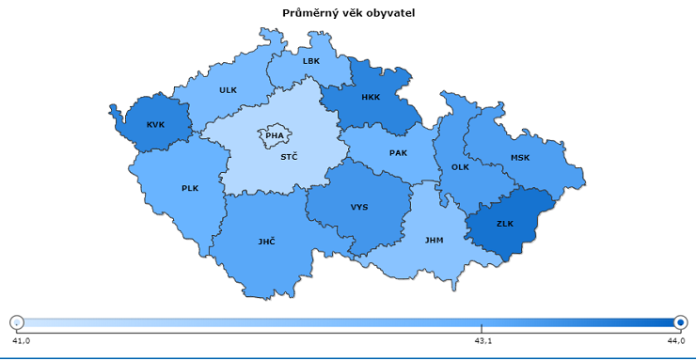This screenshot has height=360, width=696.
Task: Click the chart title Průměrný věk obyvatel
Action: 348,13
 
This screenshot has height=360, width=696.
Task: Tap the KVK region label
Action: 155,125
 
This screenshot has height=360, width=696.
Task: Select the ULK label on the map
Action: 228,90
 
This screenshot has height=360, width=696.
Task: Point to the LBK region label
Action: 311,61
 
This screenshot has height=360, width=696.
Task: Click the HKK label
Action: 371,97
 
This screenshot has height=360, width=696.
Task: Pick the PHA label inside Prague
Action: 274,135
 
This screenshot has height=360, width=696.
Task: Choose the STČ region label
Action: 289,157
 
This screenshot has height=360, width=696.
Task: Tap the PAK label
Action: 398,152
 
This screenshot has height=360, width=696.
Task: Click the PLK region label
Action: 190,188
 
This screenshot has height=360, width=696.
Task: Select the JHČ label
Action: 267,242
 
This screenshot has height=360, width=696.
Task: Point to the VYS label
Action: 359,207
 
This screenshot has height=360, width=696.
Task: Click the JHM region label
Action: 434,240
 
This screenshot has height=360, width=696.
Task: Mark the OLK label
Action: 460,167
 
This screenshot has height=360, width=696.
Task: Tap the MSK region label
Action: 520,158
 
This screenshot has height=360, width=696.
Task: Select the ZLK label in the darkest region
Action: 505,224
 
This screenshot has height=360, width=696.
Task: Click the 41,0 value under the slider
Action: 20,340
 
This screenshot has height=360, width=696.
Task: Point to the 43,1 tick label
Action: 482,340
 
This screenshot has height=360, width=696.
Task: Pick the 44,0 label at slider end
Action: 676,340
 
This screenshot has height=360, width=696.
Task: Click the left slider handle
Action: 16,321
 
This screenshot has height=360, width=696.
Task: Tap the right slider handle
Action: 680,321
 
